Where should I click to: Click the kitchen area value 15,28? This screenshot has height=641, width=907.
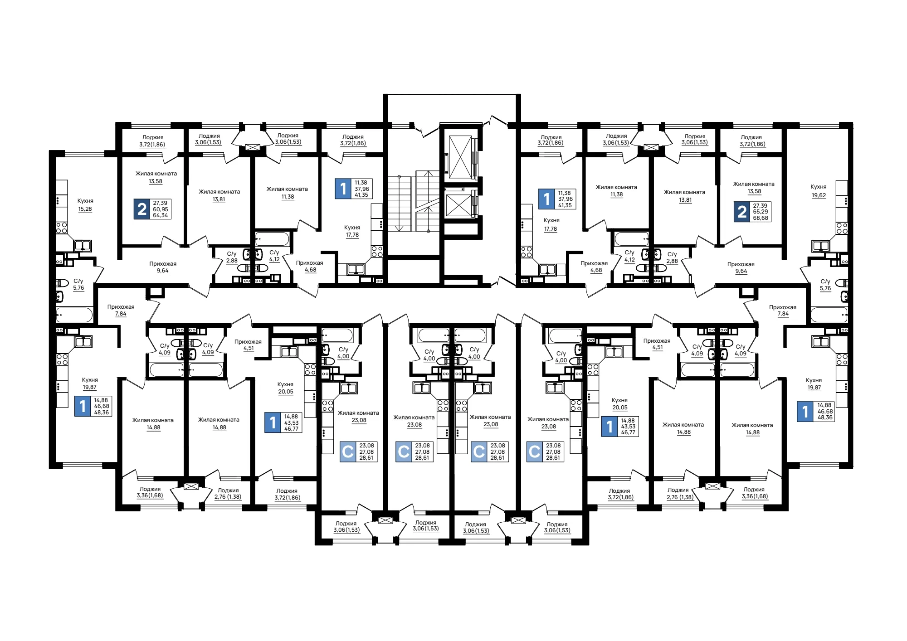pyautogui.click(x=85, y=209)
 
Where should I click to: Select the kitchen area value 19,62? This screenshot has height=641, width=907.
pyautogui.click(x=819, y=196)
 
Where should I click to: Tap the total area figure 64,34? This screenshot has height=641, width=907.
pyautogui.click(x=161, y=215)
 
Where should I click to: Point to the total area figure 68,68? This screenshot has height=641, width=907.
pyautogui.click(x=761, y=218)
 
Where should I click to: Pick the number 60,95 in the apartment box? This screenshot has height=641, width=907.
pyautogui.click(x=161, y=209)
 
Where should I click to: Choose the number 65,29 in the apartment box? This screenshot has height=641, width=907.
pyautogui.click(x=761, y=212)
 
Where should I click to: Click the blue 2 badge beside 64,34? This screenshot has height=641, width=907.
pyautogui.click(x=142, y=209)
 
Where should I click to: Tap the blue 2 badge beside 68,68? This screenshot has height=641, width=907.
pyautogui.click(x=742, y=212)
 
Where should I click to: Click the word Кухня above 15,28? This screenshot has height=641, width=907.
pyautogui.click(x=85, y=201)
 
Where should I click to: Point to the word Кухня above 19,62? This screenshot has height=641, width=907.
pyautogui.click(x=819, y=187)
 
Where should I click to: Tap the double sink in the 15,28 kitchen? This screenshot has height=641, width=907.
pyautogui.click(x=83, y=246)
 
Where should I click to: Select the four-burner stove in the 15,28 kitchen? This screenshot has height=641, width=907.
pyautogui.click(x=62, y=228)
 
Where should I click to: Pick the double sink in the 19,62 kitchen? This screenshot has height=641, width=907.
pyautogui.click(x=821, y=246)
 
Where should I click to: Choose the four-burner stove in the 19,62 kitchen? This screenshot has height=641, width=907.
pyautogui.click(x=842, y=228)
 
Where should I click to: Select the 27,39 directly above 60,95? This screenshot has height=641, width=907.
pyautogui.click(x=161, y=203)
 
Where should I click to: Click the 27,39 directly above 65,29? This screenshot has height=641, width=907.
pyautogui.click(x=761, y=206)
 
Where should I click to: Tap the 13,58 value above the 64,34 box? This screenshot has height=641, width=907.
pyautogui.click(x=156, y=181)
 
